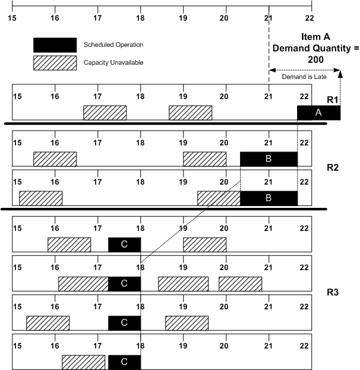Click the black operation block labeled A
pyautogui.click(x=318, y=113)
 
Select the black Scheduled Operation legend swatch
pyautogui.click(x=55, y=45)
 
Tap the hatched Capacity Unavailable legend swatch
pyautogui.click(x=55, y=62)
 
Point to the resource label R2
pyautogui.click(x=333, y=167)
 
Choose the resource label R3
pyautogui.click(x=333, y=292)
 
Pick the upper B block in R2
pyautogui.click(x=269, y=159)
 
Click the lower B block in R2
pyautogui.click(x=269, y=198)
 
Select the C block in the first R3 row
pyautogui.click(x=124, y=245)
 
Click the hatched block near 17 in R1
pyautogui.click(x=105, y=113)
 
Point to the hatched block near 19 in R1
pyautogui.click(x=190, y=113)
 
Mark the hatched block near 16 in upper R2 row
pyautogui.click(x=55, y=159)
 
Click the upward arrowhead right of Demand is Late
pyautogui.click(x=340, y=71)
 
